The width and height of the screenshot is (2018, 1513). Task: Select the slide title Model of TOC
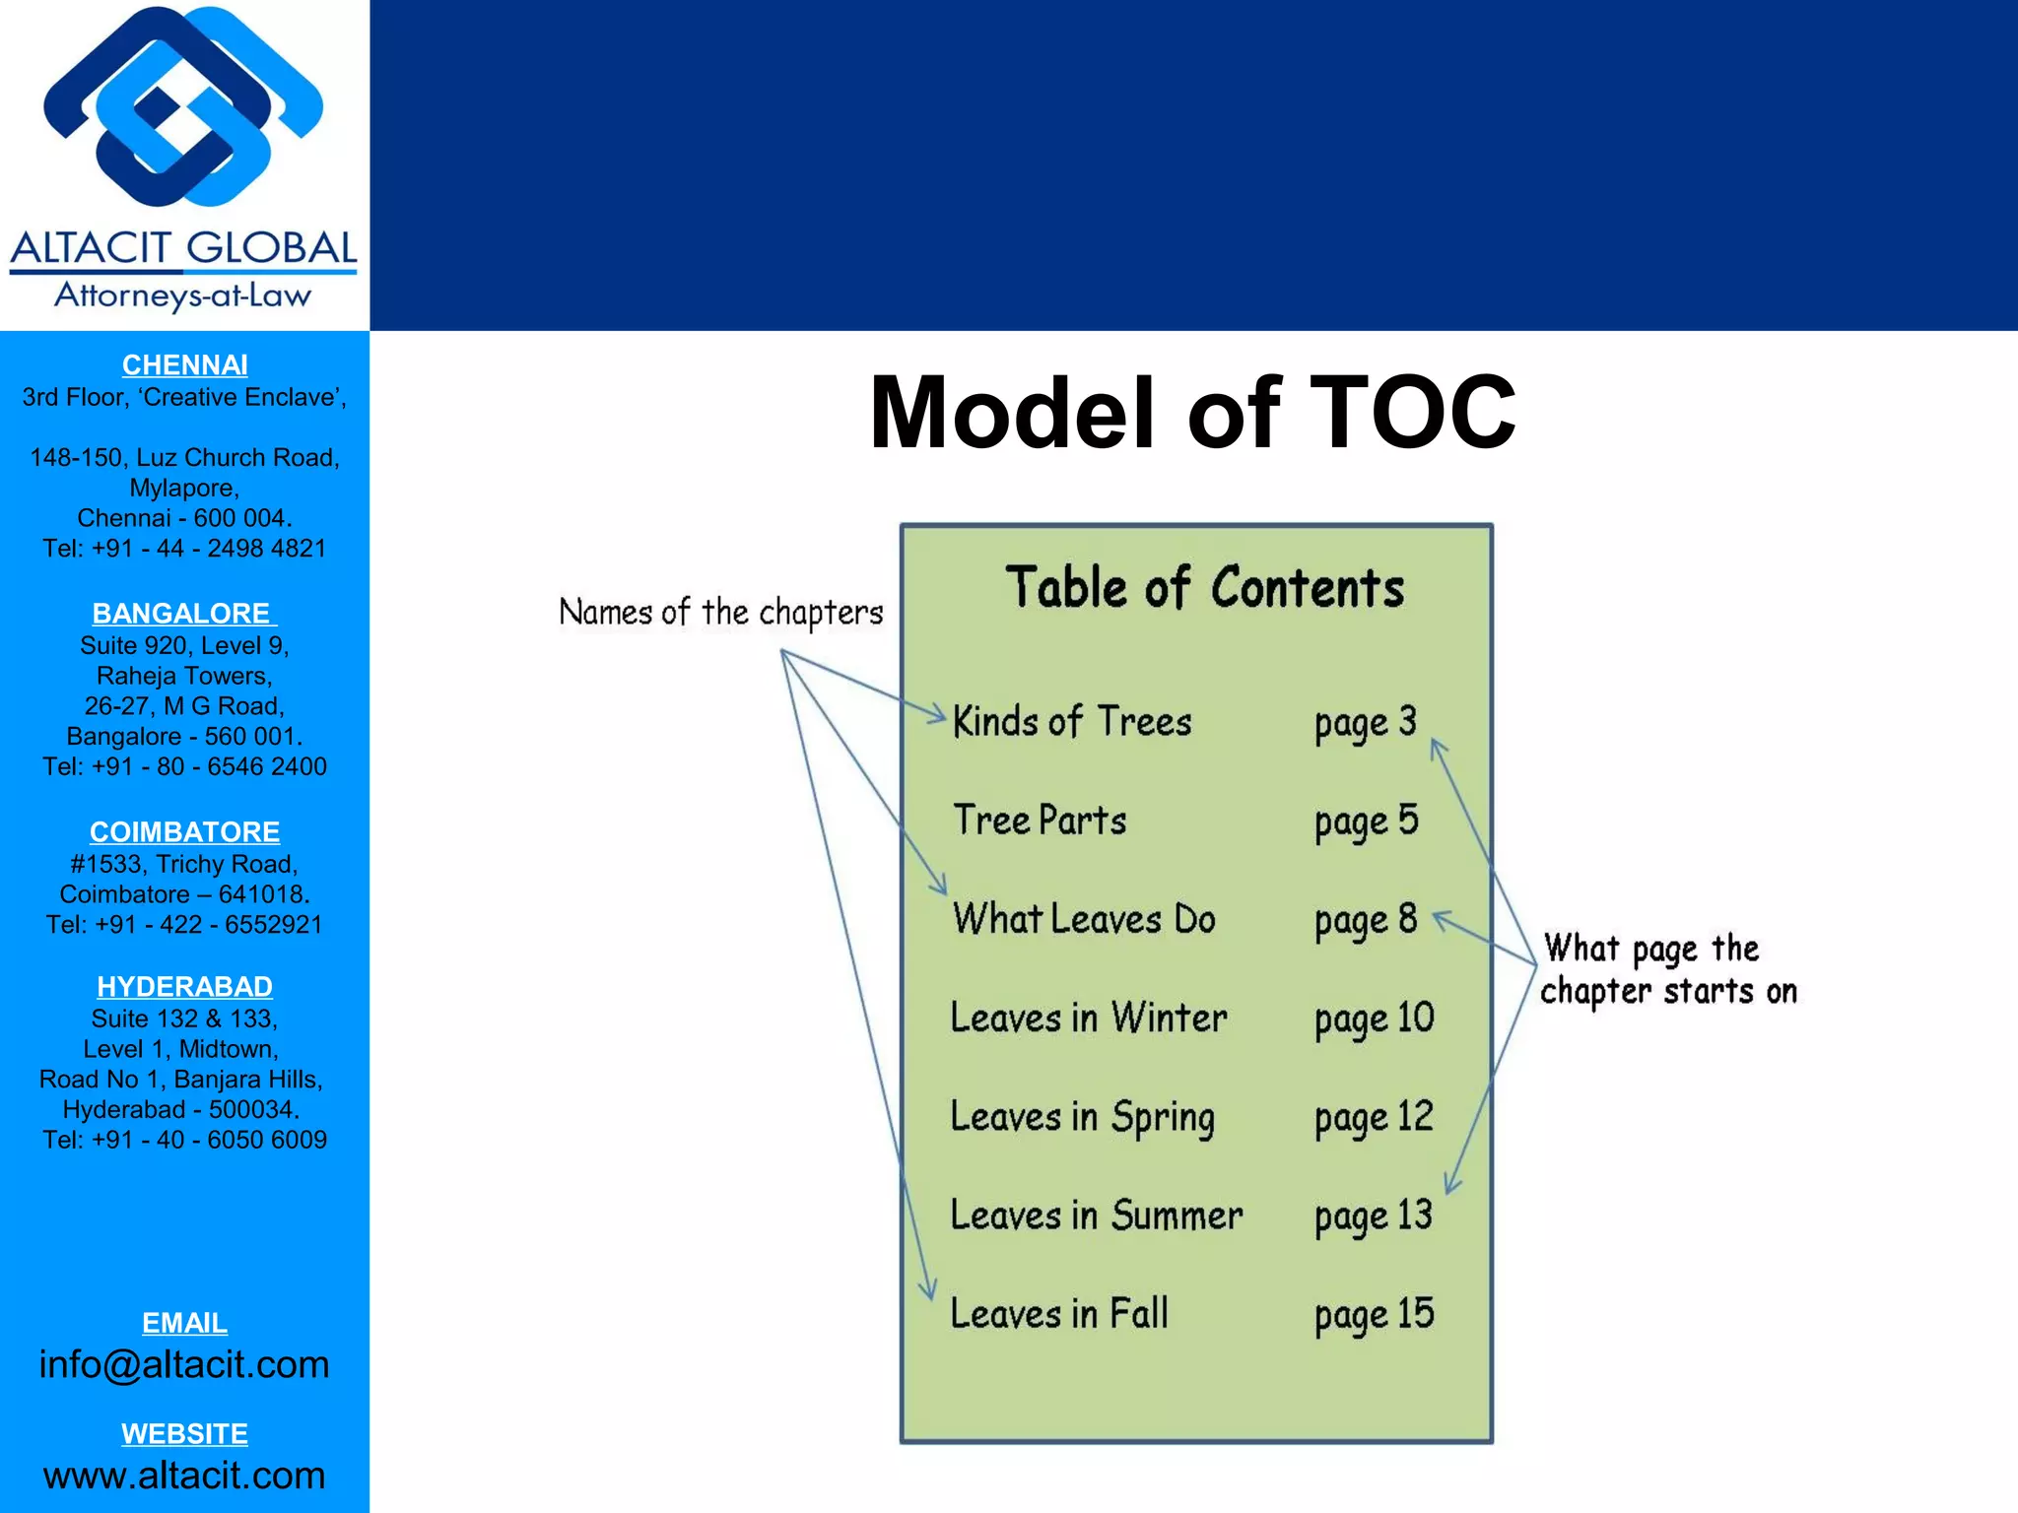(x=1191, y=413)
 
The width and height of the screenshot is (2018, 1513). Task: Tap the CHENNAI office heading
(x=184, y=365)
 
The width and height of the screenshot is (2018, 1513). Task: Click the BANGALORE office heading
(x=184, y=614)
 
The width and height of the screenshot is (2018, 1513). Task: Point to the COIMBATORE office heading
(x=184, y=832)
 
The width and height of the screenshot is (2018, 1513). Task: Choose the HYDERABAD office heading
(x=184, y=986)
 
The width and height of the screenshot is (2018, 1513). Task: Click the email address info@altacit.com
(x=184, y=1364)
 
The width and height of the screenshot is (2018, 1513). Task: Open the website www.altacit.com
(x=184, y=1475)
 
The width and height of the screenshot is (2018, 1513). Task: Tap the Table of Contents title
(x=1204, y=588)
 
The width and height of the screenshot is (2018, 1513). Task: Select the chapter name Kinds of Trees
(x=1072, y=722)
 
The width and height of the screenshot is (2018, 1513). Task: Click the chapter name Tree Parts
(x=1040, y=821)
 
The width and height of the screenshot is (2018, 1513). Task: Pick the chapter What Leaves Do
(x=1084, y=919)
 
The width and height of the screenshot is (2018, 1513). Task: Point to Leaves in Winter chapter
(x=1089, y=1018)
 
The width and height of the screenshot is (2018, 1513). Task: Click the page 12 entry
(x=1374, y=1118)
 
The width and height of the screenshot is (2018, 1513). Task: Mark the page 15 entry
(x=1374, y=1315)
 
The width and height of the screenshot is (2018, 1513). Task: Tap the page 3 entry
(x=1365, y=723)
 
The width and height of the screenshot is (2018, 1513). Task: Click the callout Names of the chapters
(x=720, y=613)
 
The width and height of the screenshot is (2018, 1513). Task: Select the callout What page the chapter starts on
(x=1668, y=969)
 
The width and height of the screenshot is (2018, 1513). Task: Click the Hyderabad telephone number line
(x=184, y=1140)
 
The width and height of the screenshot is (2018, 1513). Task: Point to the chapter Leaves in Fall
(x=1059, y=1314)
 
